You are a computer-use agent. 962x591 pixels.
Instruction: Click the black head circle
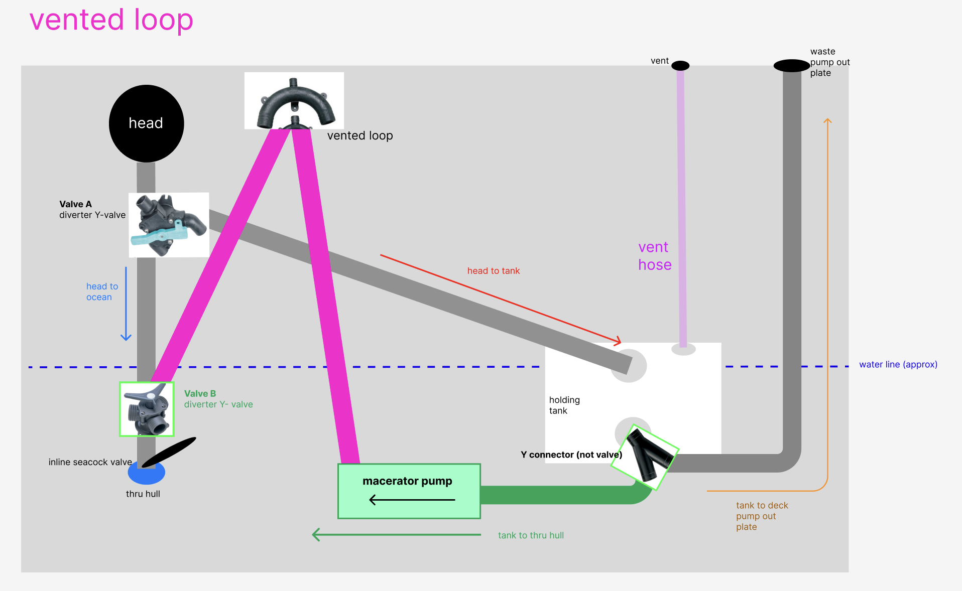146,123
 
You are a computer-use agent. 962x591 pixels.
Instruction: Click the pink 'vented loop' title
111,20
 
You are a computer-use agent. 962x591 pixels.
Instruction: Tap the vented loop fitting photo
294,101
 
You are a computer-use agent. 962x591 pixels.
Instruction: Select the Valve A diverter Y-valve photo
169,225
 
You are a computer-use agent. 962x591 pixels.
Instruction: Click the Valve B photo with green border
147,409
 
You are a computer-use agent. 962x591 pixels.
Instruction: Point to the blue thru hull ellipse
147,473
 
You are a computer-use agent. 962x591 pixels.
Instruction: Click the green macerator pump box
409,491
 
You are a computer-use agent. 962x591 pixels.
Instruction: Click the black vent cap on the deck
680,66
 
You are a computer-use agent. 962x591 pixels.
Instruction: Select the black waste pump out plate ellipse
792,66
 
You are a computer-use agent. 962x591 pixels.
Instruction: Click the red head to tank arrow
501,299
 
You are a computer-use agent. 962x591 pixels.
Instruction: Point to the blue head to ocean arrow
126,304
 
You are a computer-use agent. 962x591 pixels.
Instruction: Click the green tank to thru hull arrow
396,535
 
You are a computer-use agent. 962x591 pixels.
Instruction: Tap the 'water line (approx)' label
898,365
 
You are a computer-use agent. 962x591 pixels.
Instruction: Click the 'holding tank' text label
564,405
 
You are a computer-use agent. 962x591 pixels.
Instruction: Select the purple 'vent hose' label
655,256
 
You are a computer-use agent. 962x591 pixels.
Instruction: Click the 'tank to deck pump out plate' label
762,516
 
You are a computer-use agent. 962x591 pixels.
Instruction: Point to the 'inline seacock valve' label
90,462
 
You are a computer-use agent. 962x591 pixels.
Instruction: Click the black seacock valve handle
169,452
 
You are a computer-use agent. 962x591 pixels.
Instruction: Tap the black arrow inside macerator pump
412,500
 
